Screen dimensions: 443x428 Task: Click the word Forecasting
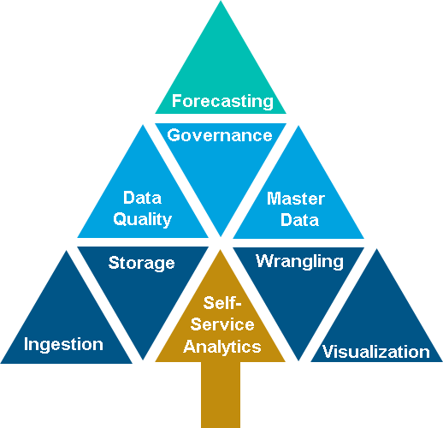222,102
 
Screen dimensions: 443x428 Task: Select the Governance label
220,135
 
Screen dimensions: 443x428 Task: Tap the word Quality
143,220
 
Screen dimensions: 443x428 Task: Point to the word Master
296,199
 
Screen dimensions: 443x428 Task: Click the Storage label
141,264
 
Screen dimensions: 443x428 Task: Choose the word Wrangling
299,262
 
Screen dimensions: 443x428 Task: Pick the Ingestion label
63,345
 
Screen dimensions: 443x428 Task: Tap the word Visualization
376,352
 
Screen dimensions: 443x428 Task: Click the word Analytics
222,348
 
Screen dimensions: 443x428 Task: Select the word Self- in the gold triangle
222,303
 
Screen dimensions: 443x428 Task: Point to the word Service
222,324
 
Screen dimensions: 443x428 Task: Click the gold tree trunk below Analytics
221,395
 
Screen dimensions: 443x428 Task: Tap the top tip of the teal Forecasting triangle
221,1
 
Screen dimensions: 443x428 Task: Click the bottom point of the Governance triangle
221,236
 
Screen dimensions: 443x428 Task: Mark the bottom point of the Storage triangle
143,360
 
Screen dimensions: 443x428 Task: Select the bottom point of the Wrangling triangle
298,361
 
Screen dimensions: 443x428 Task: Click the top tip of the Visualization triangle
376,249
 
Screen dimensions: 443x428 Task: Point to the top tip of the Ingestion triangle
67,251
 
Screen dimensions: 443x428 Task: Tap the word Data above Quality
142,198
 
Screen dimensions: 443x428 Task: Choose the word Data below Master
299,220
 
